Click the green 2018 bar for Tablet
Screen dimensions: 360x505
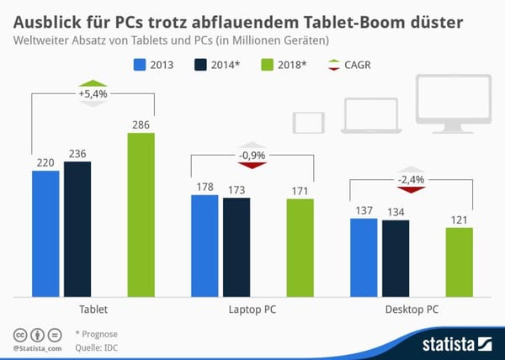(x=141, y=214)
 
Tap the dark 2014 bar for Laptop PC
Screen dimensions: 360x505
(x=236, y=247)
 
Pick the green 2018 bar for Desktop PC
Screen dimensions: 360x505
(x=459, y=262)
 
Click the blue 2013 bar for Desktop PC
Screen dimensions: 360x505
(x=364, y=257)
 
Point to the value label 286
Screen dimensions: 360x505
(x=141, y=124)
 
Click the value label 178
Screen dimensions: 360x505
(x=205, y=188)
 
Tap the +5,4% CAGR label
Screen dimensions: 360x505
(x=93, y=93)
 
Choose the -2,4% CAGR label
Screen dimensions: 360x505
(x=411, y=179)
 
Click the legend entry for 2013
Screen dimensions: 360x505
(x=157, y=63)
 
